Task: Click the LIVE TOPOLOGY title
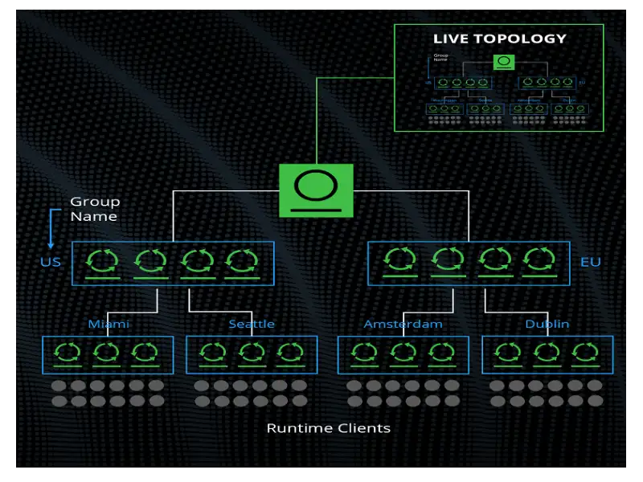tap(499, 39)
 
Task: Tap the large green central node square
tap(316, 190)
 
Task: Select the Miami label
tap(109, 325)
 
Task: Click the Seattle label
tap(252, 325)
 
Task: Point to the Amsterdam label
tap(403, 325)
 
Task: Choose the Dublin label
tap(547, 325)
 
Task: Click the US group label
tap(51, 263)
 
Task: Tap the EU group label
tap(591, 263)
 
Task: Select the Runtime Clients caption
tap(328, 428)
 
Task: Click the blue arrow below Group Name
tap(51, 229)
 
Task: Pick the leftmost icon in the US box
tap(103, 261)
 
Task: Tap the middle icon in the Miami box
tap(108, 353)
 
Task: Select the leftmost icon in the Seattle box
tap(213, 353)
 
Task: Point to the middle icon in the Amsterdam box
tap(403, 353)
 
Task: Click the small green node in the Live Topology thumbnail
tap(504, 62)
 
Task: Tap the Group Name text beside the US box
tap(94, 209)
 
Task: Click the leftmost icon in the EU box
tap(399, 260)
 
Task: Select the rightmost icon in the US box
tap(241, 261)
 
